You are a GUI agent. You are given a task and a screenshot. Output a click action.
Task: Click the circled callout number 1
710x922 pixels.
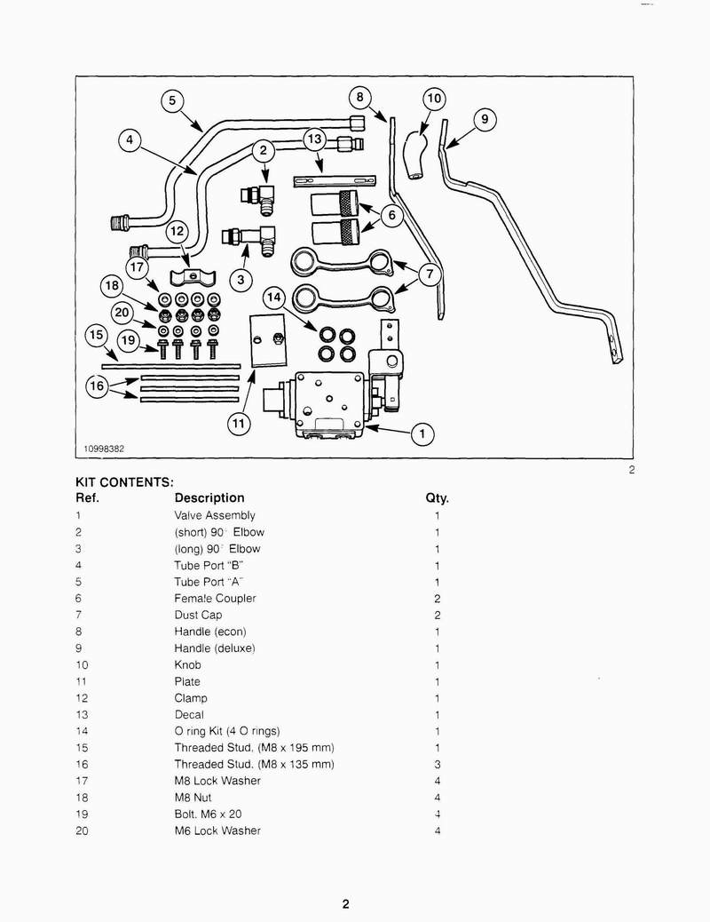tap(422, 434)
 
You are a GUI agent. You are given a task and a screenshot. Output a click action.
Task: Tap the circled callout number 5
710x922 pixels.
tap(172, 100)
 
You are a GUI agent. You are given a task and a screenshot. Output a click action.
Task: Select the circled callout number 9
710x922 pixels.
tap(485, 119)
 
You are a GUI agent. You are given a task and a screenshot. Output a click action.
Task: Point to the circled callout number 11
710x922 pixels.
tap(239, 423)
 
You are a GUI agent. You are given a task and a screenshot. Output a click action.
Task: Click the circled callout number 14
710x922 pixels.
tap(274, 298)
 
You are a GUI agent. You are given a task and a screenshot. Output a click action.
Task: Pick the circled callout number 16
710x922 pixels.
tap(97, 386)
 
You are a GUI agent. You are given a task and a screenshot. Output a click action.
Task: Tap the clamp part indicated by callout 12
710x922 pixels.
tap(193, 277)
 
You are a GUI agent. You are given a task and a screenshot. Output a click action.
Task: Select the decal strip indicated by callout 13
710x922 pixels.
tap(335, 180)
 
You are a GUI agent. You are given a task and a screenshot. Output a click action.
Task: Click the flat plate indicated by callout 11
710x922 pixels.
tap(269, 340)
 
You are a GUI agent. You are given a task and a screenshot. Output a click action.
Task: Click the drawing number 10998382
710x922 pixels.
tap(104, 449)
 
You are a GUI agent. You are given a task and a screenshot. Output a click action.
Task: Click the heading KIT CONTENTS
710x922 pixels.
tap(124, 482)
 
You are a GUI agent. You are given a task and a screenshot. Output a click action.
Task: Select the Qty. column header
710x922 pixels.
tap(437, 498)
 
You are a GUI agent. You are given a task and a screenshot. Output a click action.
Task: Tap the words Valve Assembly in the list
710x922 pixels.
tap(215, 515)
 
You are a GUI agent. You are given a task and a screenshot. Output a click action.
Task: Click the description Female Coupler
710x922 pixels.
tap(215, 598)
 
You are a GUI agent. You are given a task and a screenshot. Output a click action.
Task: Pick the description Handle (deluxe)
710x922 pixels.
tap(215, 648)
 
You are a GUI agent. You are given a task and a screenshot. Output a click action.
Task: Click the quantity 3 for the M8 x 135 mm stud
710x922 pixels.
tap(438, 765)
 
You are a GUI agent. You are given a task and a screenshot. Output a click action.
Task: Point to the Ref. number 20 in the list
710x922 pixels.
tap(82, 831)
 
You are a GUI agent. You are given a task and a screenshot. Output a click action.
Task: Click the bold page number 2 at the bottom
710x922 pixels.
tap(345, 903)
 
